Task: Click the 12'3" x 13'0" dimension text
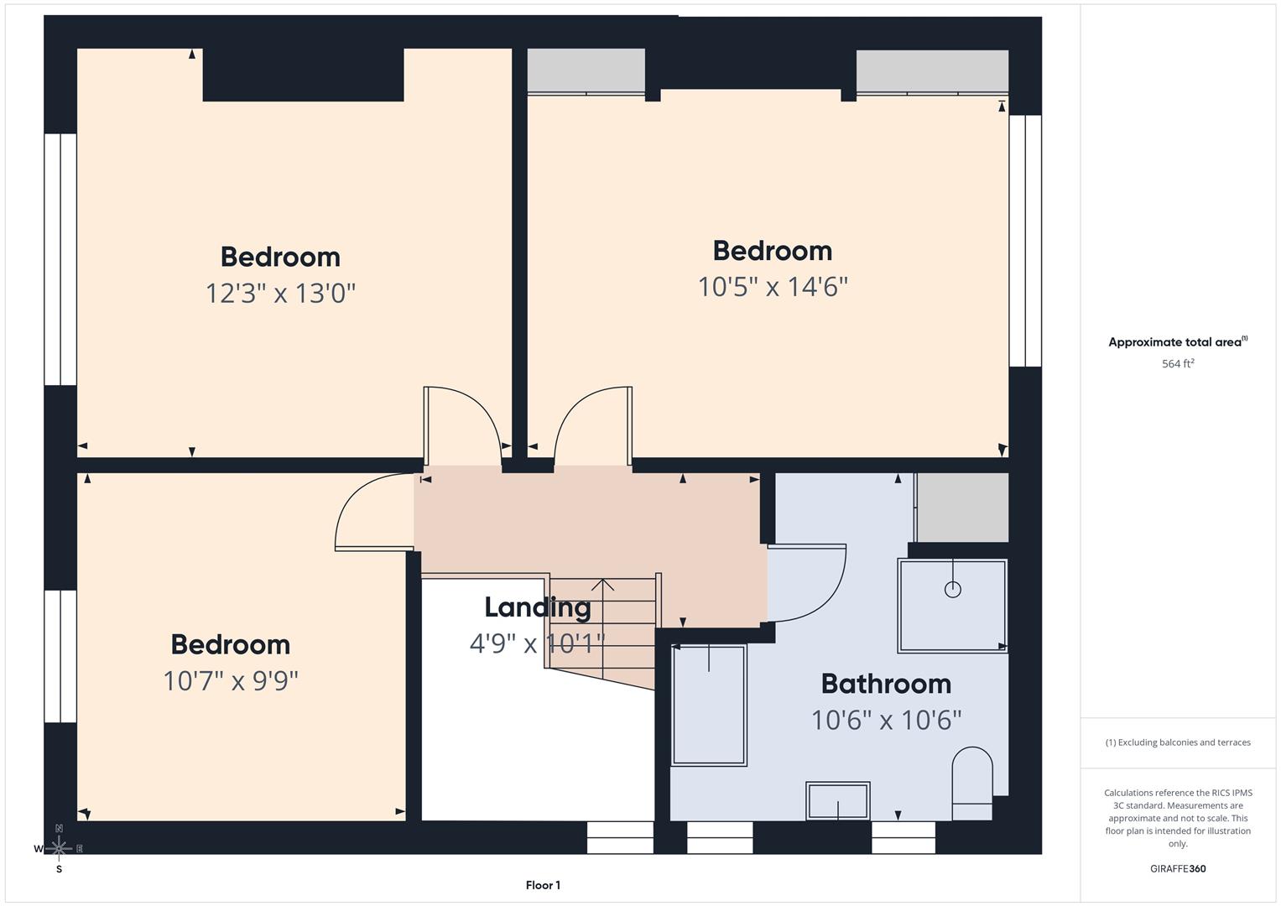coord(280,294)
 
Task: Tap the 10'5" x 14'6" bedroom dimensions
coord(773,287)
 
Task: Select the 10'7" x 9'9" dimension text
coord(231,680)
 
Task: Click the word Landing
coord(537,607)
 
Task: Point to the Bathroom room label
coord(886,684)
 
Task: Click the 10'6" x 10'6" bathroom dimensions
coord(886,720)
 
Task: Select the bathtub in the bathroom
coord(709,705)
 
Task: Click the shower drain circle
coord(952,589)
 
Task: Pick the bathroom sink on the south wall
coord(837,800)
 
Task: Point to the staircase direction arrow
coord(602,586)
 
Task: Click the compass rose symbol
coord(59,848)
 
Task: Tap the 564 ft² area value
coord(1178,364)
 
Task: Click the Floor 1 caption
coord(543,885)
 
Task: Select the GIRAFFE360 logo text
coord(1178,868)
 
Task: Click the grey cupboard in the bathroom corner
coord(962,508)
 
